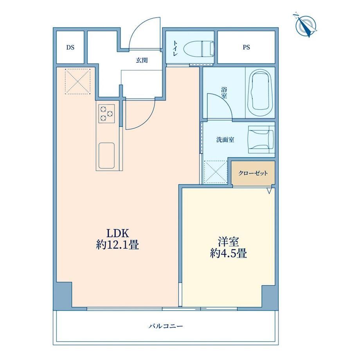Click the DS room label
70,47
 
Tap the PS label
246,47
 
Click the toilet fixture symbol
199,49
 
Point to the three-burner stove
107,113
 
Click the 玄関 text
142,60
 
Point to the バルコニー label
166,326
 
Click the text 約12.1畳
117,245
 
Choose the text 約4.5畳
229,254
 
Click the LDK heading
117,233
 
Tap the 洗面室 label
225,140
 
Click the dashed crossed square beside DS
77,81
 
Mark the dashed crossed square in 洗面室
216,172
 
